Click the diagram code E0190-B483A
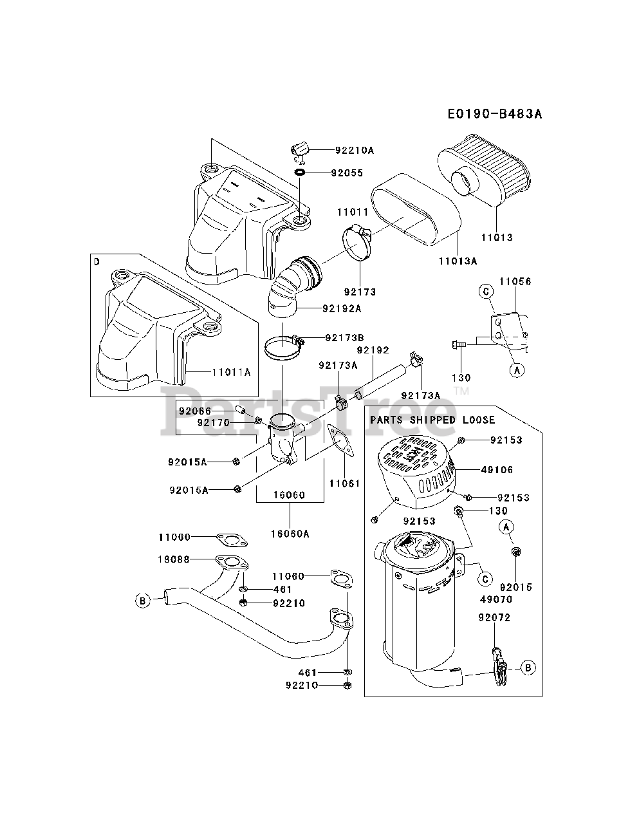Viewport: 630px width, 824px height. coord(495,113)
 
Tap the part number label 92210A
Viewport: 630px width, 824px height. coord(355,150)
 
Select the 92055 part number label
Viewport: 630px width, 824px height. coord(347,173)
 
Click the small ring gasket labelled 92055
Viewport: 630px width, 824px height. coord(299,172)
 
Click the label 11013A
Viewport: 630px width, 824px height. coord(458,261)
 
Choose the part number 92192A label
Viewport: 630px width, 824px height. coord(342,308)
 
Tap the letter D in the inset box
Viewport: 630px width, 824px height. coord(97,261)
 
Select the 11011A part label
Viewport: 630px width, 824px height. coord(231,372)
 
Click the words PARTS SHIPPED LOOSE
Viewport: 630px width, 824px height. coord(432,420)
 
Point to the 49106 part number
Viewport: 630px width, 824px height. coord(497,470)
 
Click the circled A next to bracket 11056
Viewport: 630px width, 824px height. coord(517,370)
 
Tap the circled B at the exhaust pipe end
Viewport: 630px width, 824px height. coord(143,601)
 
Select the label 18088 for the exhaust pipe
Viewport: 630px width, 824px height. coord(174,559)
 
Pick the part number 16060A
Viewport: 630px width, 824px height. coord(290,534)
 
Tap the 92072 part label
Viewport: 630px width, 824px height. coord(494,617)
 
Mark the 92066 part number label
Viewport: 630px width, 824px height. coord(195,411)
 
